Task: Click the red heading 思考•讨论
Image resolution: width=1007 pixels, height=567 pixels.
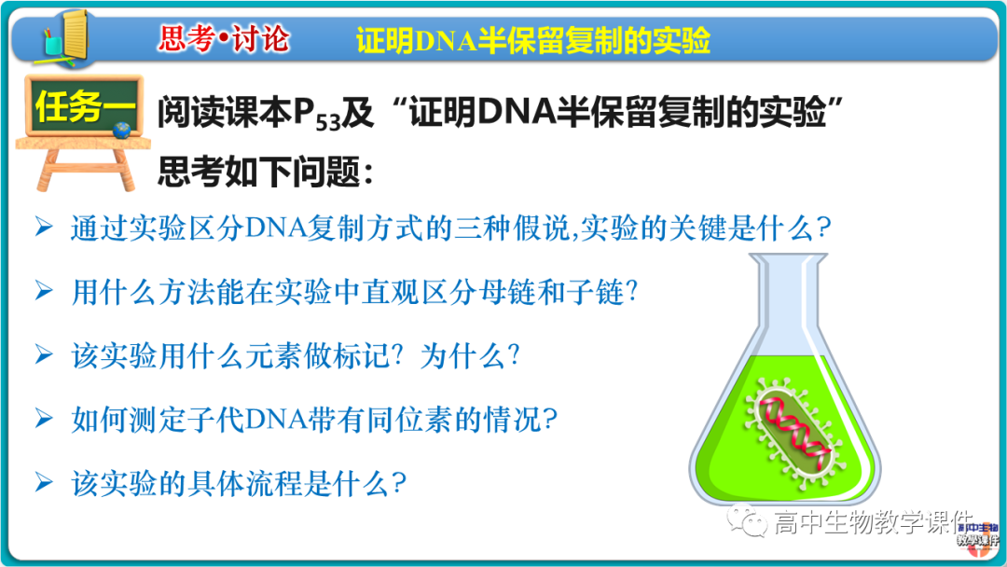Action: pyautogui.click(x=224, y=39)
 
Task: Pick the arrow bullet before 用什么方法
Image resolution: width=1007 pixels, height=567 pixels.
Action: pyautogui.click(x=43, y=291)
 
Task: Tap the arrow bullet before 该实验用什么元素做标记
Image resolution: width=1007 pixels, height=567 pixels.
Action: pyautogui.click(x=43, y=354)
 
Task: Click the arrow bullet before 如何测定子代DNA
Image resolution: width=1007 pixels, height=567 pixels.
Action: pyautogui.click(x=43, y=419)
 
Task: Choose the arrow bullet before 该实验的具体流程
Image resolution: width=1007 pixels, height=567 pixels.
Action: pyautogui.click(x=43, y=482)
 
